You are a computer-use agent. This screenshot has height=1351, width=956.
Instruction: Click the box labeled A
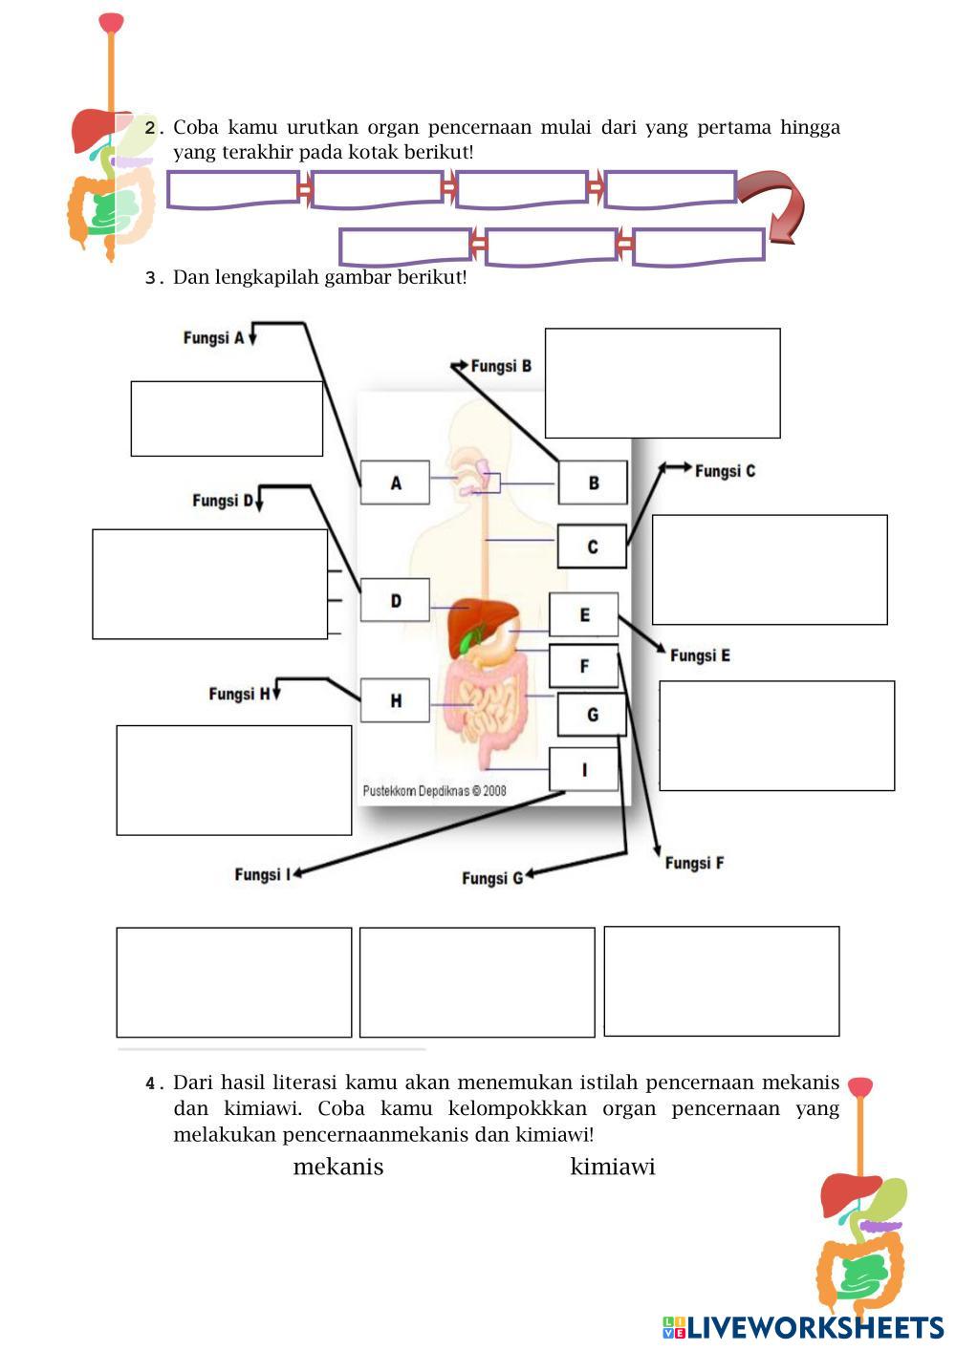pyautogui.click(x=395, y=483)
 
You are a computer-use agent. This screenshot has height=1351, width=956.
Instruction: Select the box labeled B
pyautogui.click(x=593, y=483)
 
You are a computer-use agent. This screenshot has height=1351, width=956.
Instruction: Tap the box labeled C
pyautogui.click(x=592, y=547)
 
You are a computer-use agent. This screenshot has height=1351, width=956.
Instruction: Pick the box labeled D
pyautogui.click(x=395, y=601)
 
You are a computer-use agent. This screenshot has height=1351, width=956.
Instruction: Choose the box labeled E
pyautogui.click(x=583, y=615)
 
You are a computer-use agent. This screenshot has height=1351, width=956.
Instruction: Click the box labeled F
pyautogui.click(x=583, y=666)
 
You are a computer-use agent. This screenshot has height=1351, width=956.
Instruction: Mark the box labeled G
pyautogui.click(x=592, y=715)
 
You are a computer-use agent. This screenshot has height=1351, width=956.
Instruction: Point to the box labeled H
pyautogui.click(x=395, y=700)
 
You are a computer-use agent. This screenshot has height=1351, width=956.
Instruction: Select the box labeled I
pyautogui.click(x=583, y=769)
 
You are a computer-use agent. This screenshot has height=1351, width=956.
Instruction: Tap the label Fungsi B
pyautogui.click(x=501, y=366)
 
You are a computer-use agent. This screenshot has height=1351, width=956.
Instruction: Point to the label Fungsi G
pyautogui.click(x=492, y=878)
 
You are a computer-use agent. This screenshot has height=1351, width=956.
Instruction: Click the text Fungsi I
pyautogui.click(x=259, y=874)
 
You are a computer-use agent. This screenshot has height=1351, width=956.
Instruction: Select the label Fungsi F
pyautogui.click(x=694, y=863)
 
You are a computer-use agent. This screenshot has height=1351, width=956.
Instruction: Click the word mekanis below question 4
pyautogui.click(x=338, y=1167)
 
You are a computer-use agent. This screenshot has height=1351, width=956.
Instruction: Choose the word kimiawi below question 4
pyautogui.click(x=613, y=1167)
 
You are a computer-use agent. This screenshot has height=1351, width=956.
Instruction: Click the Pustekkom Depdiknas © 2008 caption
pyautogui.click(x=435, y=791)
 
